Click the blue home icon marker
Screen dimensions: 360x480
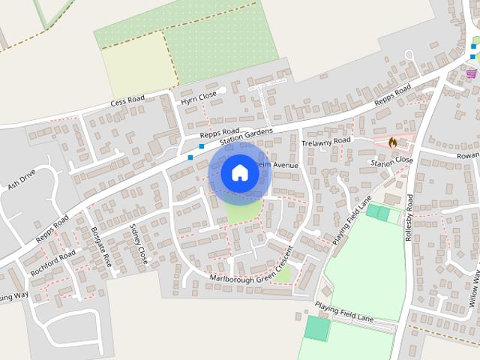click(x=239, y=172)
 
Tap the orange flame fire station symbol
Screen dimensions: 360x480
click(x=392, y=142)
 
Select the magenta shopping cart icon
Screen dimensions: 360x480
click(x=471, y=73)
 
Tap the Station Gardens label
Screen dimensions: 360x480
click(x=246, y=136)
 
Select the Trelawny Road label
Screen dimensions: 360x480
click(x=325, y=141)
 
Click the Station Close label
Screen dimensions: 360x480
click(x=391, y=160)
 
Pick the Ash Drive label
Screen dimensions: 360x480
click(x=22, y=181)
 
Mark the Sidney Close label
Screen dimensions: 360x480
click(x=139, y=243)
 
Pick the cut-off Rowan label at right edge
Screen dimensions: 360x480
click(x=467, y=155)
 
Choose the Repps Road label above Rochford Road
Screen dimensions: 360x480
click(x=52, y=229)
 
